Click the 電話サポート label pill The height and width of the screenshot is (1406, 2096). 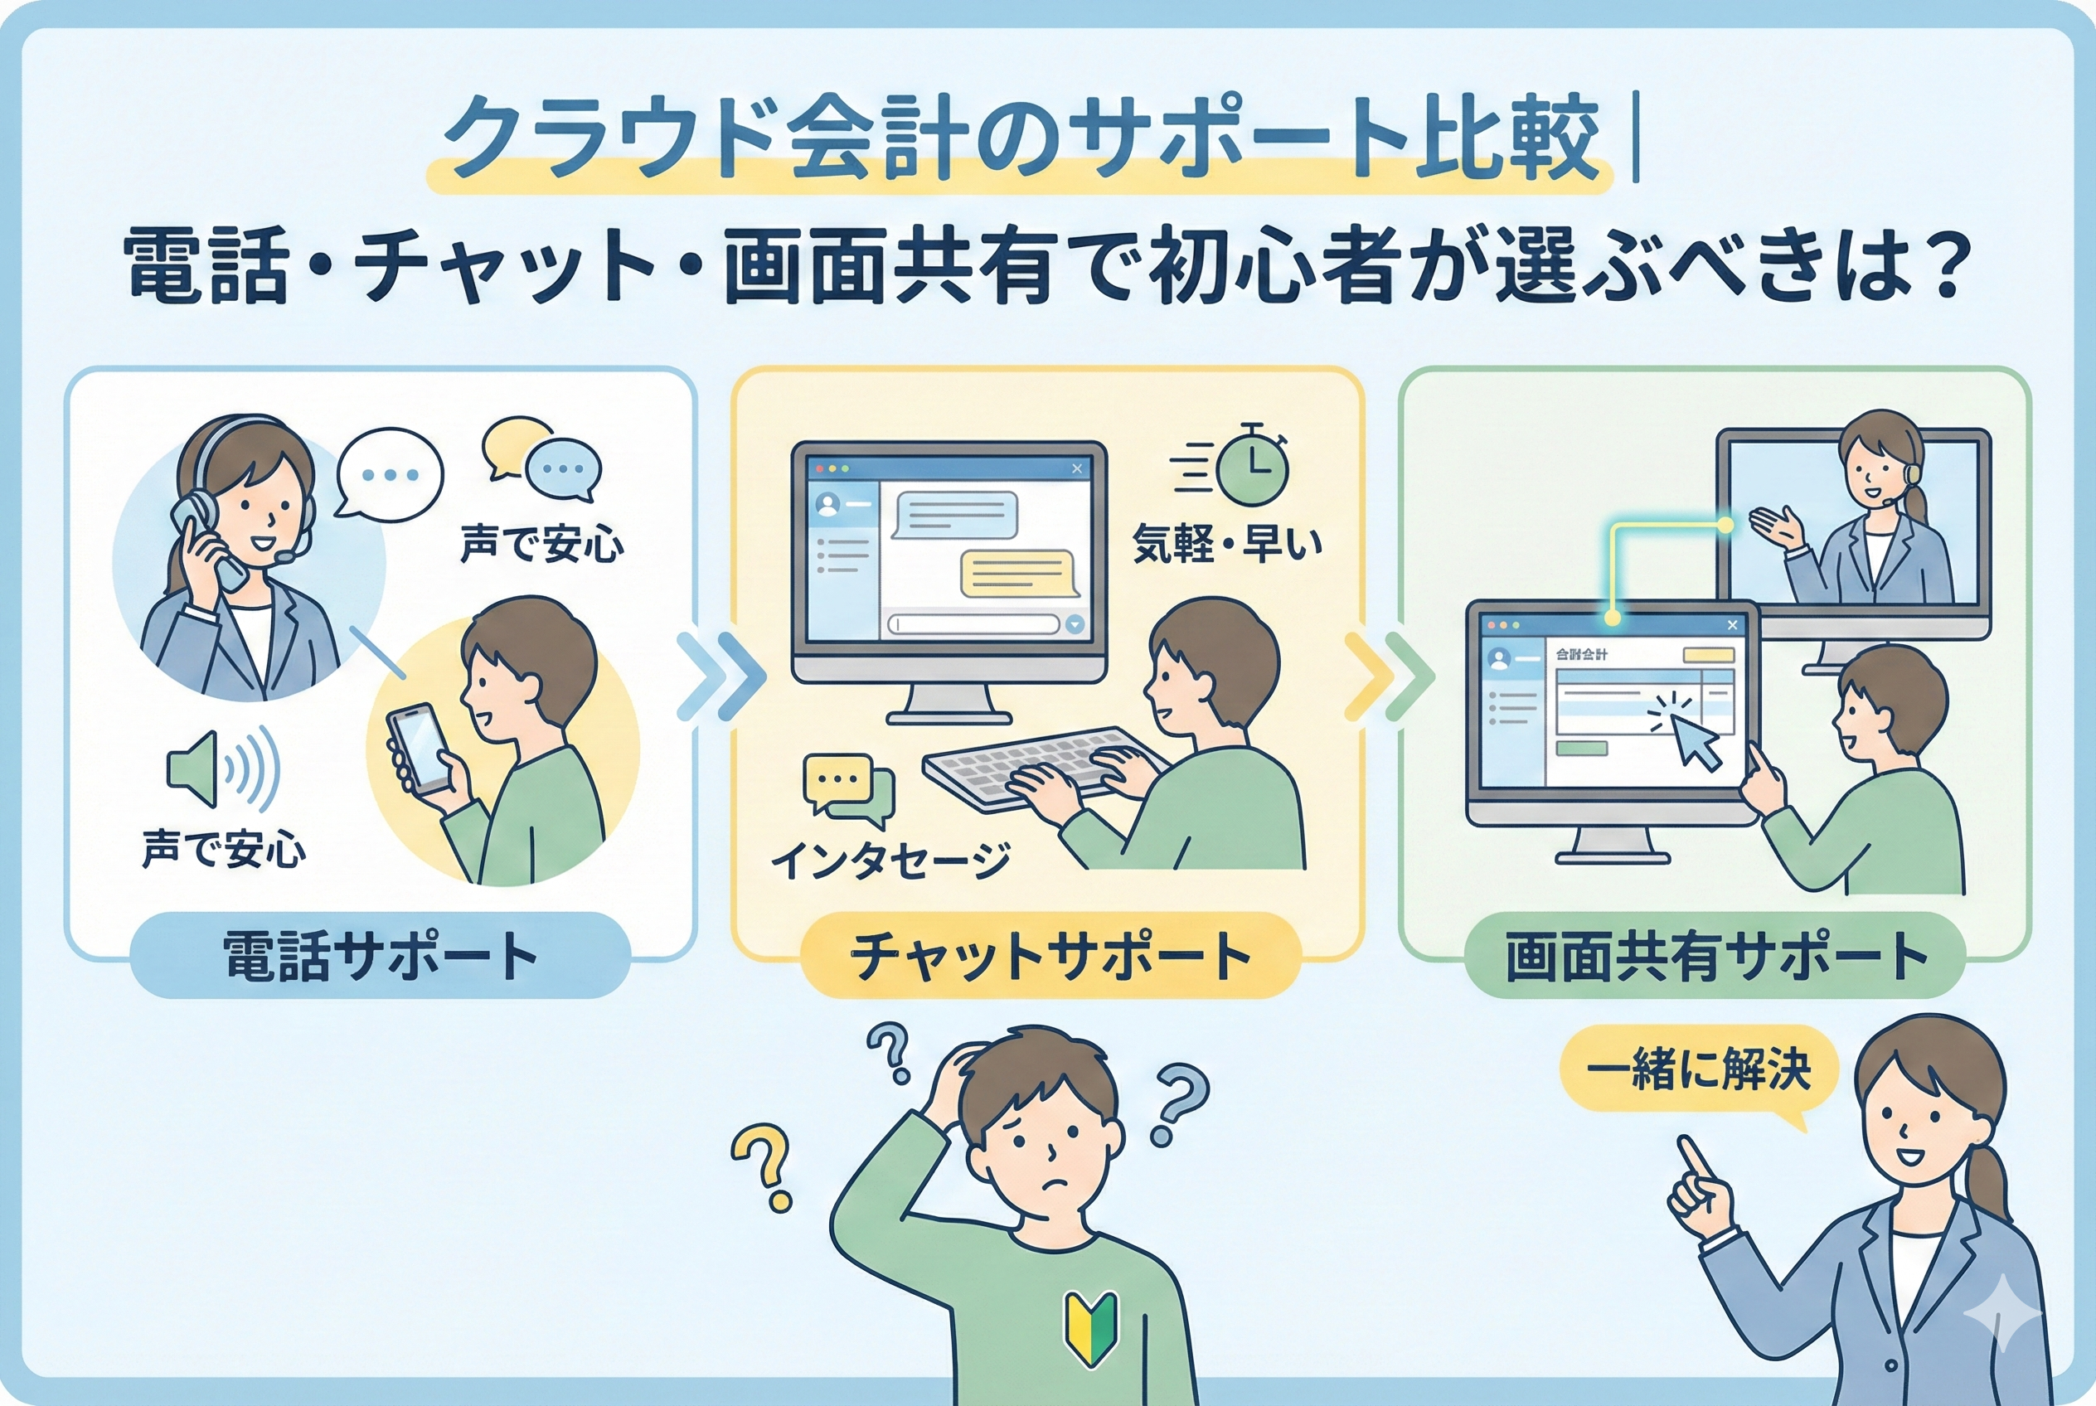tap(381, 956)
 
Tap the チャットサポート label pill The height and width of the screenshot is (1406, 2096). tap(1050, 956)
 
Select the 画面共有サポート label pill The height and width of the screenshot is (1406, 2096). tap(1714, 956)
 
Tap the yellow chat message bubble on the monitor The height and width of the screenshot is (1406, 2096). tap(1018, 572)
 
